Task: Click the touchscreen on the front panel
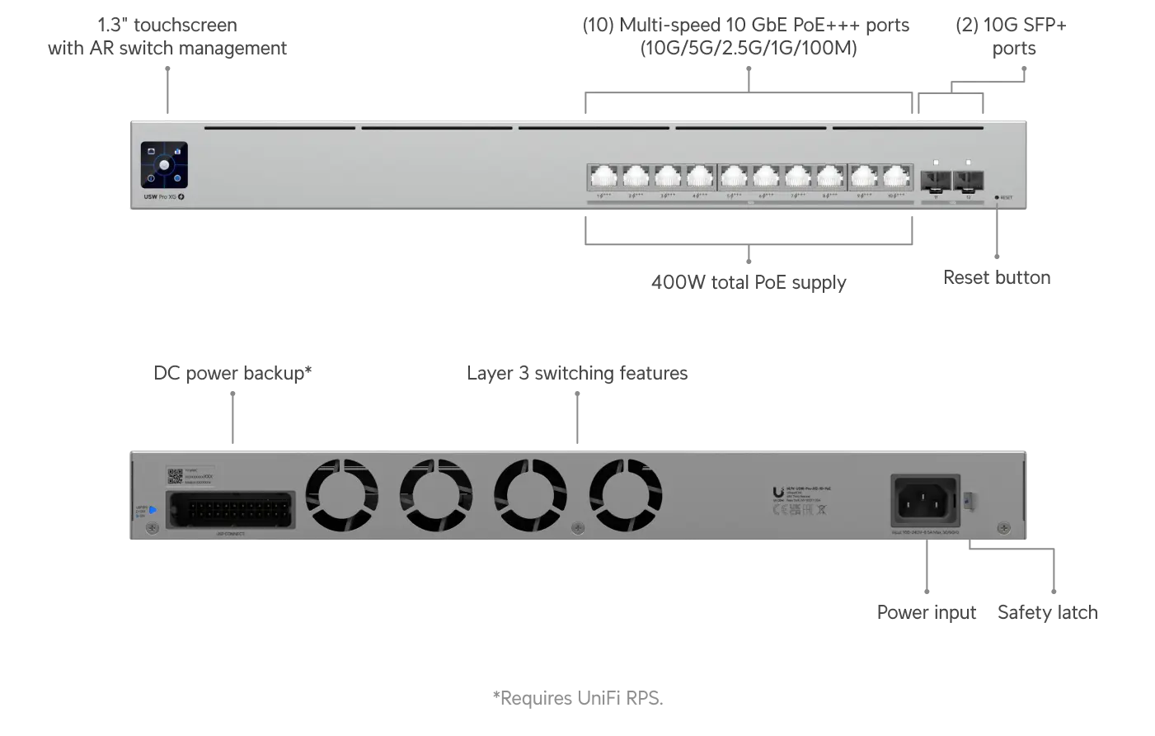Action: pos(164,165)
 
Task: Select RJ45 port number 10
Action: pos(896,177)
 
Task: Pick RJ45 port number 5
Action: pos(734,177)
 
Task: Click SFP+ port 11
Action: pos(936,180)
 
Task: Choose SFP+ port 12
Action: pos(968,180)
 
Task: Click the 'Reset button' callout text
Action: pos(997,277)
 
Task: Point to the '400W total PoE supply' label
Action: pos(749,282)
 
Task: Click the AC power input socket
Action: pos(926,499)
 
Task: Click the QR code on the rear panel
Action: pos(175,476)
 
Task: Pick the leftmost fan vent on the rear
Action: pos(341,495)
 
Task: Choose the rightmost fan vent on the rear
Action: pos(625,495)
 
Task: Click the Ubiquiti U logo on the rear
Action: pos(778,493)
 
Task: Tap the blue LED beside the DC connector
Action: pos(153,510)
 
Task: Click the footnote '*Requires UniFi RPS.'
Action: pos(577,698)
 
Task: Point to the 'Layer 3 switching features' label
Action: pos(577,373)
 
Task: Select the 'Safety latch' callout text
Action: pos(1047,612)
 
